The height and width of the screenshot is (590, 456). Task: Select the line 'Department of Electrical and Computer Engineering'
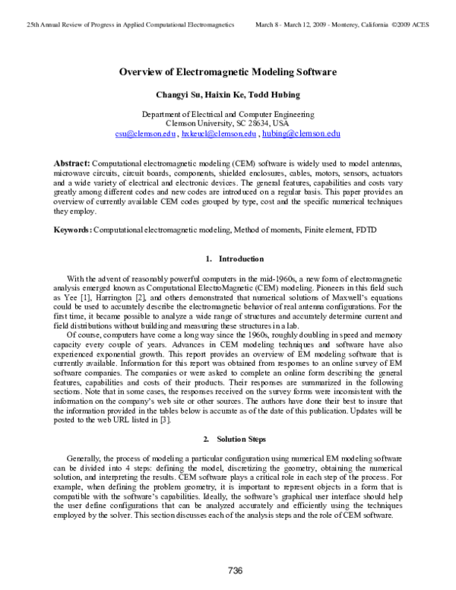point(228,113)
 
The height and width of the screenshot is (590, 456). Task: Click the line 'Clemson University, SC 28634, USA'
point(228,122)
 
